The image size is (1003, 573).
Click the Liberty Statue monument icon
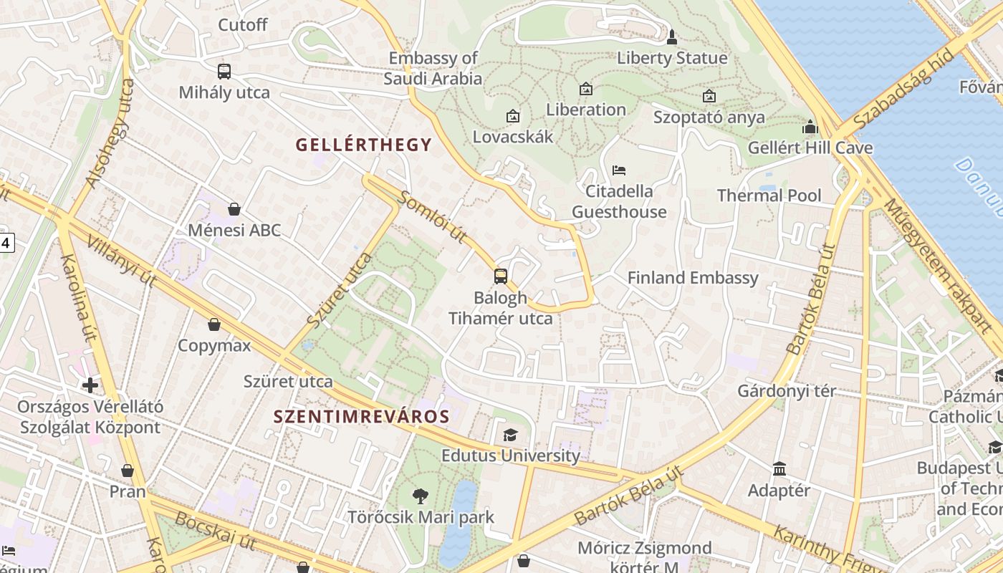[x=671, y=37]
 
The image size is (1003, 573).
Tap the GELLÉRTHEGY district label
[x=364, y=145]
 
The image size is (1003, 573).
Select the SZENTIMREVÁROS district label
[x=362, y=416]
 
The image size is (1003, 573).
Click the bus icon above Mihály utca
[x=224, y=71]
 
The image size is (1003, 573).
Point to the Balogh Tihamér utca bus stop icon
[x=501, y=276]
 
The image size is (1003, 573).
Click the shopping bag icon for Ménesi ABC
[x=234, y=209]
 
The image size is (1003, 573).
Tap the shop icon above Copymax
[x=214, y=324]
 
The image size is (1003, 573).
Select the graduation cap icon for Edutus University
[x=510, y=435]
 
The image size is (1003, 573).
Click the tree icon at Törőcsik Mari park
[x=421, y=496]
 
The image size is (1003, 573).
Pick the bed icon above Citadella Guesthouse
[x=619, y=170]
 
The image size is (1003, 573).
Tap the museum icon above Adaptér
[x=779, y=469]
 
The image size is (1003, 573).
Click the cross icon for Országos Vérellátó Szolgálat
[x=90, y=385]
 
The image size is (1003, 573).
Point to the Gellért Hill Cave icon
[x=810, y=127]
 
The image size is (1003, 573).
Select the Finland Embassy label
[x=693, y=278]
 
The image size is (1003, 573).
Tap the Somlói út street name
[x=433, y=216]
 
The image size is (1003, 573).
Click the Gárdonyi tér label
[x=787, y=391]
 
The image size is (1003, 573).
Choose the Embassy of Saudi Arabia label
[x=433, y=68]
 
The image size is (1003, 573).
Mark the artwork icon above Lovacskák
[x=513, y=115]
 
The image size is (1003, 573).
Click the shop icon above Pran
[x=128, y=471]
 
